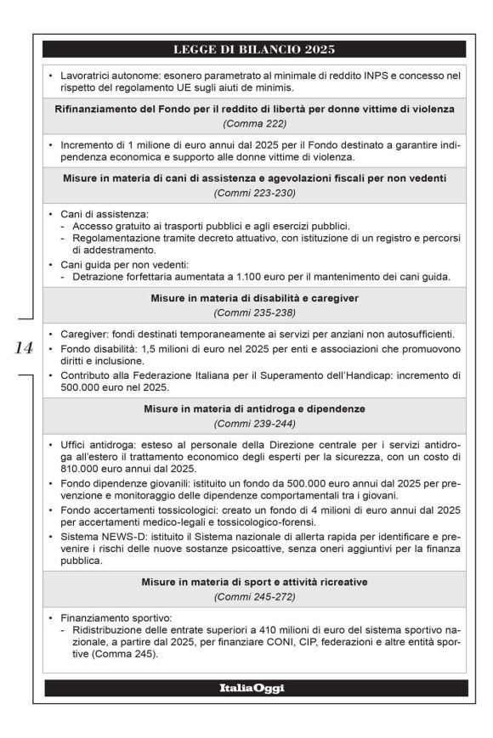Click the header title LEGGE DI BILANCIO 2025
[x=255, y=48]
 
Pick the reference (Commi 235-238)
[x=255, y=313]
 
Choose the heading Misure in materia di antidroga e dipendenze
[x=255, y=408]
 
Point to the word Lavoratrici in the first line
[x=88, y=76]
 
